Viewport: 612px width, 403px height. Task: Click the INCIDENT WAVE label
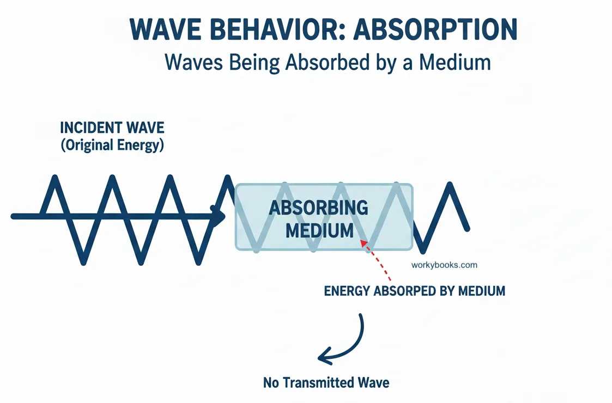pos(112,129)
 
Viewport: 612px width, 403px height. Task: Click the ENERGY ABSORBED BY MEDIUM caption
pos(414,291)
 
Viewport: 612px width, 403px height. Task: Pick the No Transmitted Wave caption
pos(326,382)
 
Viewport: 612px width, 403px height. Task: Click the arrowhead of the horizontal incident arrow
pos(221,216)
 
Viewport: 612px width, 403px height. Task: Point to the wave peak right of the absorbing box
pos(450,185)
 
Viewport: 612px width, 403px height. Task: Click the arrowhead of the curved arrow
pos(323,358)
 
